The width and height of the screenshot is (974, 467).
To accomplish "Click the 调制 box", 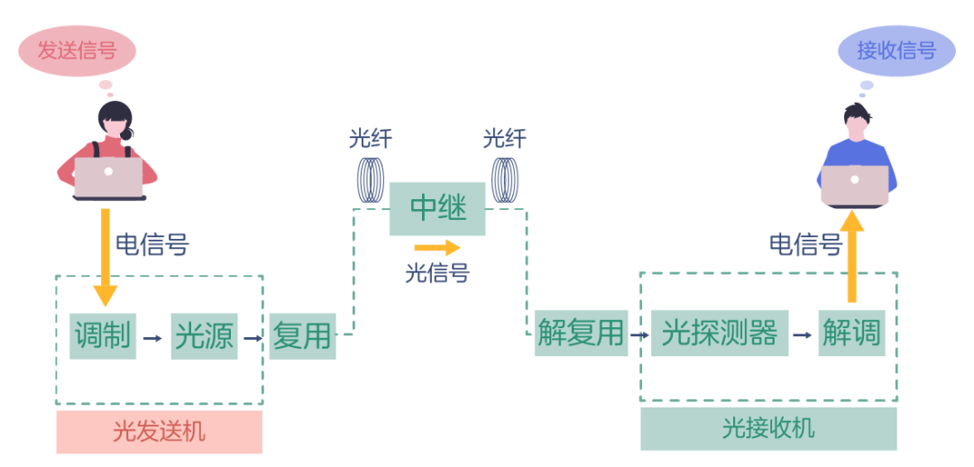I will (103, 335).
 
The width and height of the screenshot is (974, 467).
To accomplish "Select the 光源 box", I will (204, 335).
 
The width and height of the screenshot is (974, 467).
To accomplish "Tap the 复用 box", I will (302, 335).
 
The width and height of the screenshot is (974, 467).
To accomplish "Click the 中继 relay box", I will (437, 208).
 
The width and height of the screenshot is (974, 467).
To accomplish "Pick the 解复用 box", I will (581, 333).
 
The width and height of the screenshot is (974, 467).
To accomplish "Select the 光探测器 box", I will (720, 333).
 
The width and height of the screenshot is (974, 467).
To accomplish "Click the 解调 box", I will (851, 333).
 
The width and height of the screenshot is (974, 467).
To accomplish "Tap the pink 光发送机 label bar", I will (159, 432).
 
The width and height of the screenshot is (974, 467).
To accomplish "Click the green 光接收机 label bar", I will (768, 428).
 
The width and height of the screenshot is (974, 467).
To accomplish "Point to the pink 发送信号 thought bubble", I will (77, 50).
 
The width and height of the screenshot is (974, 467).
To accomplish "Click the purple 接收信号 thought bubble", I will (896, 50).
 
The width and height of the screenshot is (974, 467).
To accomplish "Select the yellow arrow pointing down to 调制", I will (106, 257).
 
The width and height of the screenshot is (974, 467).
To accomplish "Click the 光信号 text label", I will (437, 272).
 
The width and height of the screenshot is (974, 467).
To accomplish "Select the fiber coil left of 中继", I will (371, 179).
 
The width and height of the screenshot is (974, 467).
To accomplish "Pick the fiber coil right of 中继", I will (505, 179).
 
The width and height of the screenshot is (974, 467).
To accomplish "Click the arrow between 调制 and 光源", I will (152, 338).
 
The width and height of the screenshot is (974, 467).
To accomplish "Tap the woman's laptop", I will (108, 179).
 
